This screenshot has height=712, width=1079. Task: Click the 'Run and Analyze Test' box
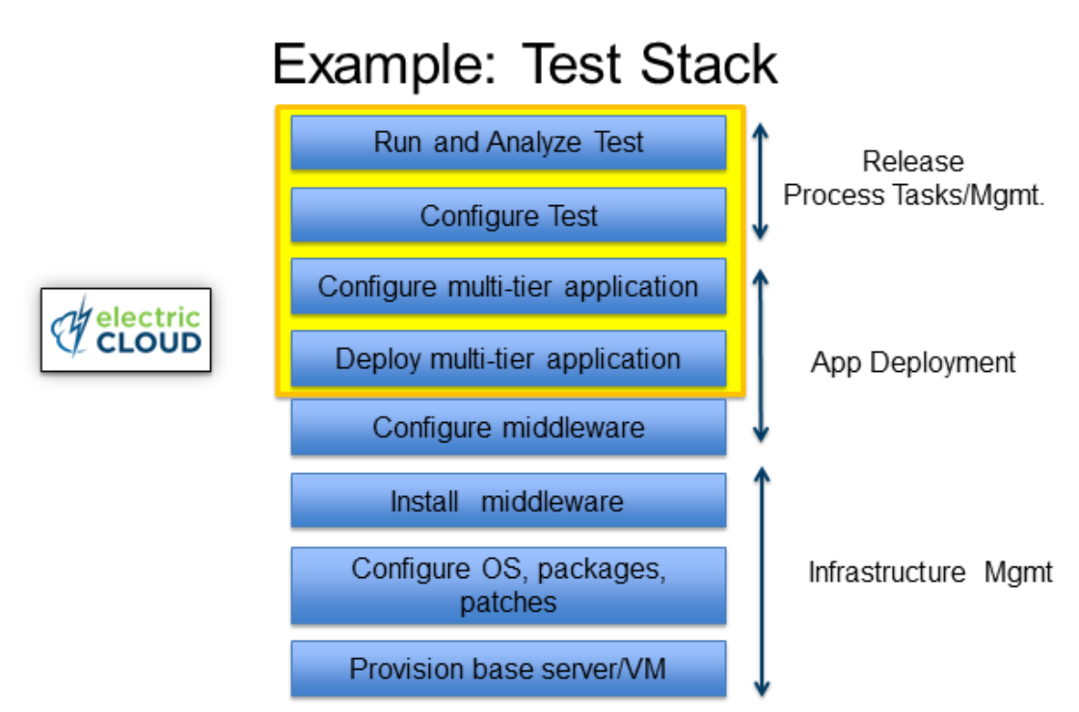pos(508,143)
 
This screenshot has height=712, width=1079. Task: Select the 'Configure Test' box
pos(508,215)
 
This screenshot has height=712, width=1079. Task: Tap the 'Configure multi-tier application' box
pos(508,286)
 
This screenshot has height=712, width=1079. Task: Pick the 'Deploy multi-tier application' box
pos(508,358)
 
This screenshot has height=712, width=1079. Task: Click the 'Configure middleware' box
pos(508,428)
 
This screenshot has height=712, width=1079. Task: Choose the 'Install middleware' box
pos(508,501)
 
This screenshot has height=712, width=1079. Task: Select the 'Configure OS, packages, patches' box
pos(508,586)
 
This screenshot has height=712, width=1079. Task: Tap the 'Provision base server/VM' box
pos(508,669)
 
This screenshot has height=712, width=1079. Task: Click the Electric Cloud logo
pos(126,330)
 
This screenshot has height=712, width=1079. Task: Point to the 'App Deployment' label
pos(913,362)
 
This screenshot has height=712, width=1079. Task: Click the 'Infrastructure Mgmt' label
pos(931,571)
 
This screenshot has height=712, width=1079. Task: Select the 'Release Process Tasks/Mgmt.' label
pos(913,178)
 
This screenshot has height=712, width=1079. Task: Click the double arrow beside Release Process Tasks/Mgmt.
pos(760,181)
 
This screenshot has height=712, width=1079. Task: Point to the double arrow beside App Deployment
pos(761,356)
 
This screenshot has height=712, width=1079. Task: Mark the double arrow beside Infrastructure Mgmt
pos(761,581)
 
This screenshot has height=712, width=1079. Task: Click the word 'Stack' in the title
pos(709,65)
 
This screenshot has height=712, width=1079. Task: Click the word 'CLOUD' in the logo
pos(148,342)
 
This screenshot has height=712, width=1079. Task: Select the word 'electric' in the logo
pos(148,318)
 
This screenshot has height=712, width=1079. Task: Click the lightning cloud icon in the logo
pos(72,328)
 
